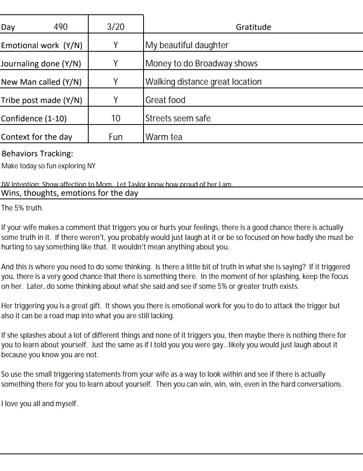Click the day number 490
pos(60,27)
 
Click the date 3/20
pos(116,27)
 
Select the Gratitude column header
pos(253,27)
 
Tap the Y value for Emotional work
pos(116,45)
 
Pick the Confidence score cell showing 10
pos(116,119)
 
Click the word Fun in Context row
pos(116,137)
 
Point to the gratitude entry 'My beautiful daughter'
pos(187,45)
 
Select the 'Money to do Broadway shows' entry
pos(201,64)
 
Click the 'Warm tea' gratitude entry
pos(164,137)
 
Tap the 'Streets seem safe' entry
pos(178,119)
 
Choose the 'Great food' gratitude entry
pos(165,100)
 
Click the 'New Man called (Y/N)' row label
pos(41,82)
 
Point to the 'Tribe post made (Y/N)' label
pos(42,100)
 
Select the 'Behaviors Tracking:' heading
pos(37,154)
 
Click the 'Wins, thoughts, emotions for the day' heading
pos(70,193)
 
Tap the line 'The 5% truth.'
pos(22,208)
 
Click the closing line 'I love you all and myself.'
pos(40,404)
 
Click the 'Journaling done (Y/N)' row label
pos(41,64)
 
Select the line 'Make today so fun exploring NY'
pos(49,166)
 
